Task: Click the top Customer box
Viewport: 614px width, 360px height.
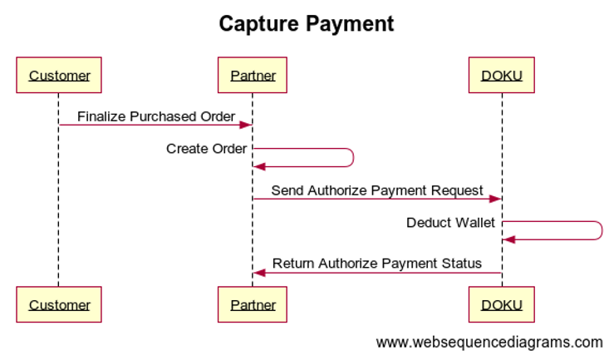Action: pyautogui.click(x=58, y=76)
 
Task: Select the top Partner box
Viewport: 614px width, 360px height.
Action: pyautogui.click(x=253, y=76)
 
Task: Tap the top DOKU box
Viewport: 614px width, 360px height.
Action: pyautogui.click(x=502, y=76)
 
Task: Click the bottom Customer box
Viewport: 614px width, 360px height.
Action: pyautogui.click(x=58, y=304)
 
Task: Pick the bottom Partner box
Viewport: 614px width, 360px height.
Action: pyautogui.click(x=253, y=304)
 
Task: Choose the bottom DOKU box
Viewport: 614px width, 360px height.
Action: pyautogui.click(x=502, y=304)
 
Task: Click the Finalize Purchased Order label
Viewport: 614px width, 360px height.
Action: pyautogui.click(x=156, y=116)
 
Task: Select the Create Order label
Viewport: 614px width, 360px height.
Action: pyautogui.click(x=206, y=149)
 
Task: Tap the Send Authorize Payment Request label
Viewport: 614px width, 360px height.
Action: pyautogui.click(x=377, y=190)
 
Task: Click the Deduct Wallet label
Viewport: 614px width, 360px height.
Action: pyautogui.click(x=450, y=223)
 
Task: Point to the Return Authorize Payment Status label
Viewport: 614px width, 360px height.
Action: pyautogui.click(x=377, y=264)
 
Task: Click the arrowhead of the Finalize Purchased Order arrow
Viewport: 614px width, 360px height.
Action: pyautogui.click(x=247, y=126)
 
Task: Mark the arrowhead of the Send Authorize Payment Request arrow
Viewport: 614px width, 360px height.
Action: pyautogui.click(x=495, y=199)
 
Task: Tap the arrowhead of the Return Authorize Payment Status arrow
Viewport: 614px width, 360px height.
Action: pyautogui.click(x=259, y=273)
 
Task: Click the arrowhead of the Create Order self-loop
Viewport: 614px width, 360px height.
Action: pyautogui.click(x=259, y=166)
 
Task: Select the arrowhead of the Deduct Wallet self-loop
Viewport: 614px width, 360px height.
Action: pyautogui.click(x=508, y=239)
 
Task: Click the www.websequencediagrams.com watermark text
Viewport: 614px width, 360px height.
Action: pyautogui.click(x=489, y=342)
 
